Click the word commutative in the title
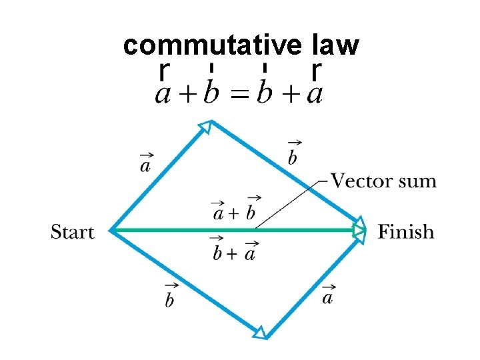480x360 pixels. click(214, 45)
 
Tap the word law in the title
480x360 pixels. click(335, 45)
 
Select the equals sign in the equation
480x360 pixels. click(237, 93)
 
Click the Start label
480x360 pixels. click(73, 232)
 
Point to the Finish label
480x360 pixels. click(405, 232)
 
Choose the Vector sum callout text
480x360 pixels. click(383, 181)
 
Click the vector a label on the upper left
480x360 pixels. click(145, 162)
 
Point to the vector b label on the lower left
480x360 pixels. click(170, 296)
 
